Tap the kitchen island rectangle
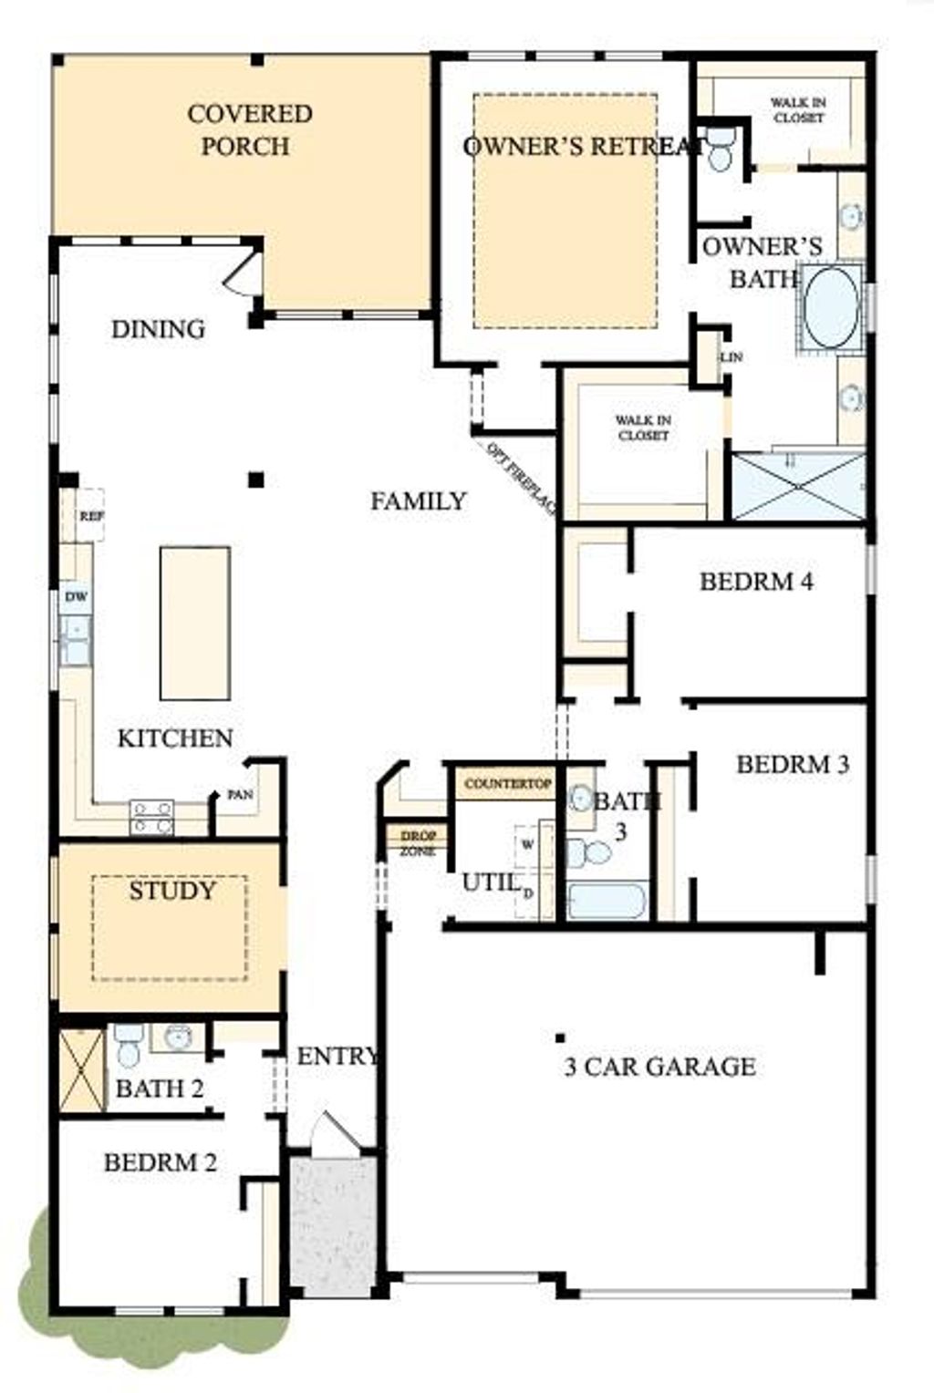click(194, 623)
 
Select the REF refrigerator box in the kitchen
click(89, 516)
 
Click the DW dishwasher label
click(77, 597)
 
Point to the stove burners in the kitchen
click(151, 817)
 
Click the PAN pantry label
click(240, 795)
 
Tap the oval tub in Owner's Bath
click(831, 307)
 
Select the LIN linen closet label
click(731, 357)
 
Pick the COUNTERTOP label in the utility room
click(508, 784)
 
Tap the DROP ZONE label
click(418, 843)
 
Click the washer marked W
click(527, 845)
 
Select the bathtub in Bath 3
click(606, 901)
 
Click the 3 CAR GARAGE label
click(659, 1067)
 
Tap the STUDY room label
click(171, 891)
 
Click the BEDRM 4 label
click(756, 582)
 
